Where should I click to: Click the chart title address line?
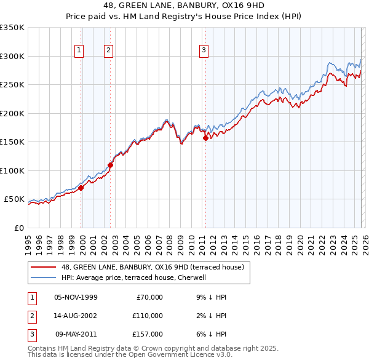tap(184, 6)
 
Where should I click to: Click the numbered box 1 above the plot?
tap(80, 51)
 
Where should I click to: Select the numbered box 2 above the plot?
tap(108, 51)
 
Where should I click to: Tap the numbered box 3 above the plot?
tap(204, 51)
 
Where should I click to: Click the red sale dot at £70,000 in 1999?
tap(81, 188)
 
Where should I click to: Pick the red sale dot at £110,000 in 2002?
tap(111, 165)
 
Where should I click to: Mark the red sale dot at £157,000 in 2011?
tap(205, 138)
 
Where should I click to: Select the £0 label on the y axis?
tap(18, 228)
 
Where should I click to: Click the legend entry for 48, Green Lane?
tap(153, 267)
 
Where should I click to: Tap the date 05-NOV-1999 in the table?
tap(76, 297)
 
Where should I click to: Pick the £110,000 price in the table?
tap(148, 316)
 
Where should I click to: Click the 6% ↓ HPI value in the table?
tap(214, 334)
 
